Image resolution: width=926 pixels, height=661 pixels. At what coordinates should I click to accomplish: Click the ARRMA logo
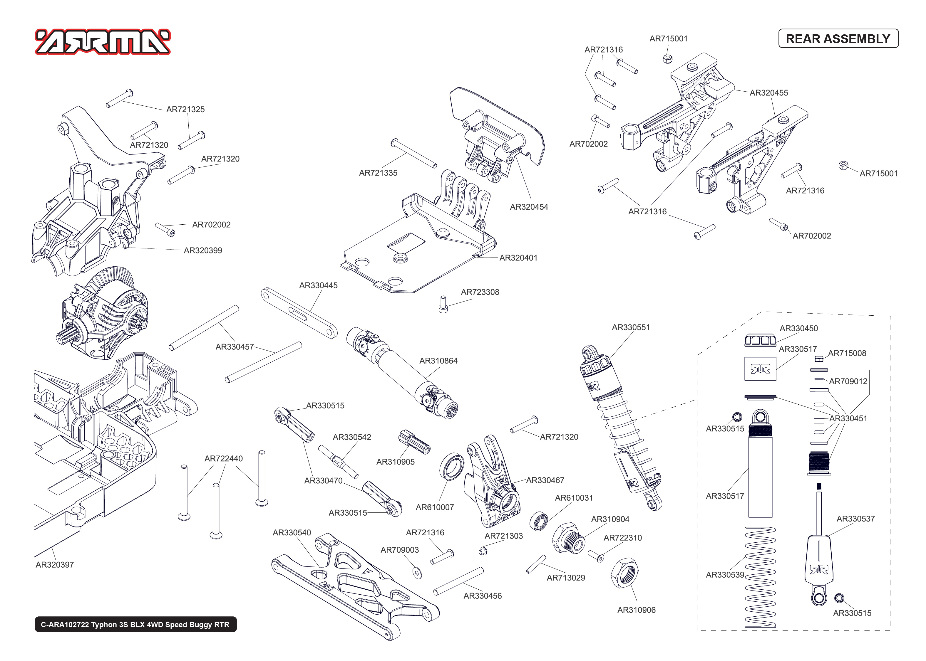(x=103, y=41)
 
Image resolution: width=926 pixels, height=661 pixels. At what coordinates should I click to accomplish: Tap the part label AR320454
(x=529, y=207)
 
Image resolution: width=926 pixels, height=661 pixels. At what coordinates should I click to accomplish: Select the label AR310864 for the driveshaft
(x=438, y=361)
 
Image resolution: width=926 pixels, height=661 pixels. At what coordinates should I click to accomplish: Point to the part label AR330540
(x=292, y=532)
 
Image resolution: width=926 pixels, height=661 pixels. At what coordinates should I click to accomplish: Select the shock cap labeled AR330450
(x=760, y=340)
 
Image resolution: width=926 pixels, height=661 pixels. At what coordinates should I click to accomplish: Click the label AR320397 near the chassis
(x=55, y=564)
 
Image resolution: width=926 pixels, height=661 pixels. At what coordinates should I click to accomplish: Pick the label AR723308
(x=480, y=292)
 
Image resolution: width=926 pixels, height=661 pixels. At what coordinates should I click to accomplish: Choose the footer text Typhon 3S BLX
(x=135, y=624)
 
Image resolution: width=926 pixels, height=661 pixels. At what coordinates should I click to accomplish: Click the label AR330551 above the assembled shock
(x=630, y=327)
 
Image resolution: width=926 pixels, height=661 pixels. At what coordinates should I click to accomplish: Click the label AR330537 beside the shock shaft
(x=855, y=519)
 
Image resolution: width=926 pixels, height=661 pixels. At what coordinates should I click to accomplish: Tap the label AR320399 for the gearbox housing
(x=203, y=250)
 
